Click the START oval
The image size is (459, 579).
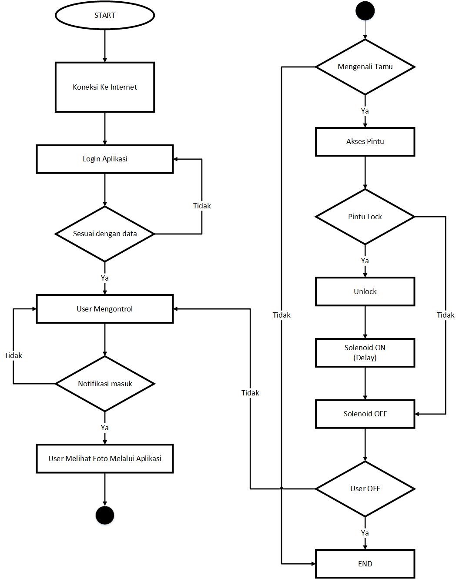tap(105, 15)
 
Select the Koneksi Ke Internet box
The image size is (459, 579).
tap(105, 87)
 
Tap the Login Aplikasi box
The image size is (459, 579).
tap(105, 159)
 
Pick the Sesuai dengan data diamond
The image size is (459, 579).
tap(105, 234)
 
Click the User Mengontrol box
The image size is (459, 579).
tap(105, 309)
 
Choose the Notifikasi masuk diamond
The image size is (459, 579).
tap(105, 384)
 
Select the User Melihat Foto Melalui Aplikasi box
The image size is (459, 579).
tap(105, 459)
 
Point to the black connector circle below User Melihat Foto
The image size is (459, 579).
tap(105, 515)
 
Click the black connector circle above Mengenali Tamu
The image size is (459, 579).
tap(365, 11)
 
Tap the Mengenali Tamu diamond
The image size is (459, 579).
tap(365, 67)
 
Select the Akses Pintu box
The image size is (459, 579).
tap(365, 142)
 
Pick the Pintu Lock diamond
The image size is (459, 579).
tap(365, 217)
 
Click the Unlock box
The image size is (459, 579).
tap(365, 291)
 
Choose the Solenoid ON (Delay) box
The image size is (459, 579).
tap(365, 353)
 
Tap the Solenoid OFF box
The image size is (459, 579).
tap(365, 414)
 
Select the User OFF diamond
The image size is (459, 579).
tap(365, 489)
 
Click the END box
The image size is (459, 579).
tap(365, 564)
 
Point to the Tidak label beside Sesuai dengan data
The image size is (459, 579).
tap(202, 206)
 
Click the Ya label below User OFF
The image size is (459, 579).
tap(365, 533)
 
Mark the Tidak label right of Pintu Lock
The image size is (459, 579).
tap(446, 315)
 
